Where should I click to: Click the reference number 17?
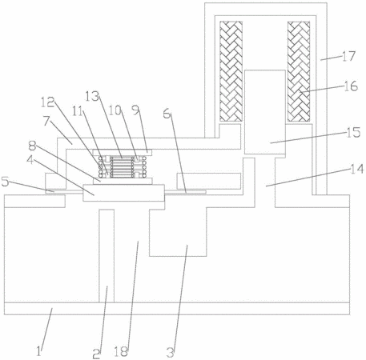(348, 56)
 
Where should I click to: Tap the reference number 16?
(350, 86)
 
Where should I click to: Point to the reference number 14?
(356, 169)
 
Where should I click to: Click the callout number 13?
(92, 97)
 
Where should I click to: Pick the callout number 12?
(47, 102)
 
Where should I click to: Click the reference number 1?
(39, 351)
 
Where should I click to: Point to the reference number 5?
(6, 182)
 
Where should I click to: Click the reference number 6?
(167, 114)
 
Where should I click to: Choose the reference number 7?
(47, 122)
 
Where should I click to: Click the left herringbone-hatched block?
(231, 71)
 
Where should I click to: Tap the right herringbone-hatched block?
(299, 71)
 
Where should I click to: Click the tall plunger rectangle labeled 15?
(265, 112)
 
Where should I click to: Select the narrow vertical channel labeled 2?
(107, 256)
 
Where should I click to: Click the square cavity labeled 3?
(178, 232)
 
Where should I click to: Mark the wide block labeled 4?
(123, 193)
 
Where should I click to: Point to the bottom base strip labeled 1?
(177, 309)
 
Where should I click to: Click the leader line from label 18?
(133, 295)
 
